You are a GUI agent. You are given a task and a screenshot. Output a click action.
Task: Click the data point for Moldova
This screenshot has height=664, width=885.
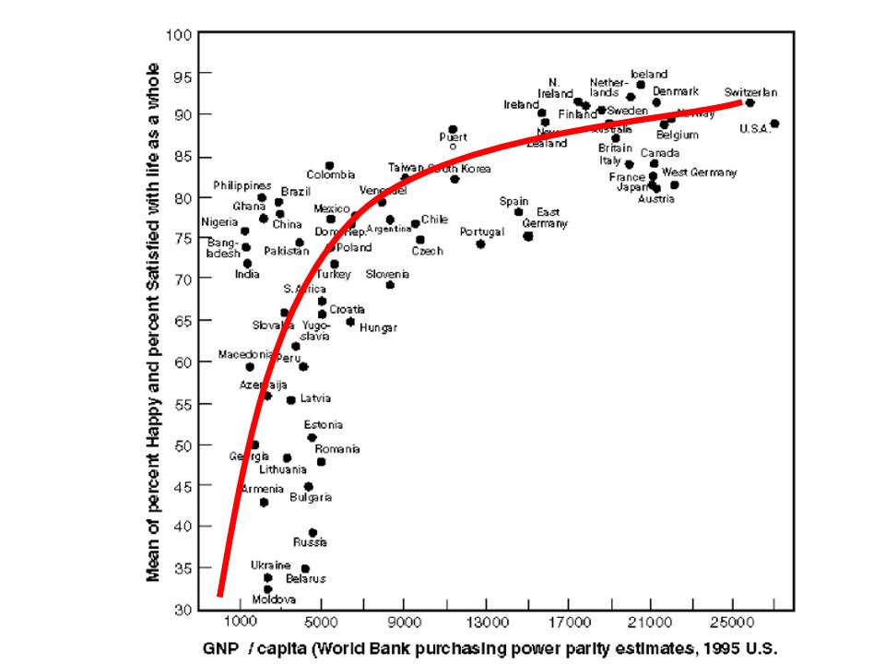267,588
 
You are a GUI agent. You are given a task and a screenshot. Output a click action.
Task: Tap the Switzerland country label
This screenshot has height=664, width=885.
750,92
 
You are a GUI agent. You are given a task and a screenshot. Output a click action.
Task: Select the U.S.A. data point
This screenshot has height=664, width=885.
774,124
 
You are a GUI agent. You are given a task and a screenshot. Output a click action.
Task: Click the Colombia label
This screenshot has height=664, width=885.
331,175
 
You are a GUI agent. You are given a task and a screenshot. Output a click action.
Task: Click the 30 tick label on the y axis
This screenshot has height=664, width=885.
179,610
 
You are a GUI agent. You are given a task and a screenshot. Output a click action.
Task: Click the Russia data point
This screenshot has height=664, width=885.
313,533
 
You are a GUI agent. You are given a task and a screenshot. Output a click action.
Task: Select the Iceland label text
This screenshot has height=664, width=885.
649,74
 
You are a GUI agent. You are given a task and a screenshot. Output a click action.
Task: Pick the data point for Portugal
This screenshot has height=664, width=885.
480,243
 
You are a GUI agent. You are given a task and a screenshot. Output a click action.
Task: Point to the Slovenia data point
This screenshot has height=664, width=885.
390,284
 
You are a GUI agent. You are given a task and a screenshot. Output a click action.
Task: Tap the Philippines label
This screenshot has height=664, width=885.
242,185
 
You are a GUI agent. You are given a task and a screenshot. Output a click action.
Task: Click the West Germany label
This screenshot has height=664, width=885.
700,172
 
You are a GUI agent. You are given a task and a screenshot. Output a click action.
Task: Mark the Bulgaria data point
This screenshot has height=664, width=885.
308,486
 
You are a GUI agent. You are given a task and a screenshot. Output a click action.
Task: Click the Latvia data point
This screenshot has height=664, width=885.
290,400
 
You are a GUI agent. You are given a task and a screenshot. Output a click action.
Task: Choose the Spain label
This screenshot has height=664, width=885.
513,201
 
